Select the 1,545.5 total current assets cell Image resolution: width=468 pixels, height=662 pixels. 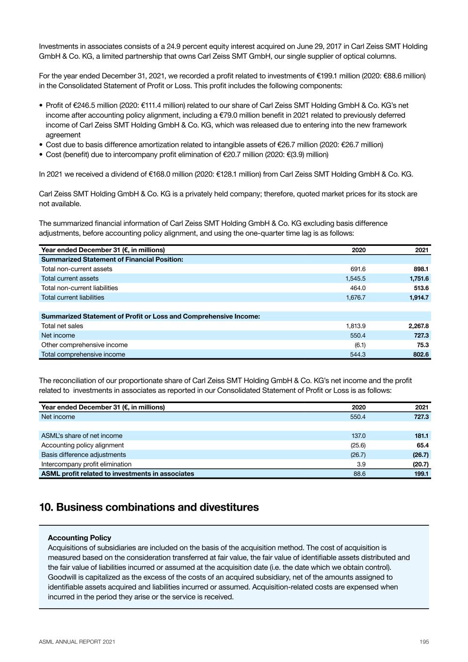coord(355,278)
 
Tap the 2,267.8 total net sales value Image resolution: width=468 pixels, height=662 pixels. coord(419,326)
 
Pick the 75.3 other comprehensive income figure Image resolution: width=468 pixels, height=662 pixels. coord(422,345)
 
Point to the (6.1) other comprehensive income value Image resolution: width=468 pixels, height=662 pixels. coord(360,345)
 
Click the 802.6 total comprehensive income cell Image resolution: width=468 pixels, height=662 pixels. coord(421,355)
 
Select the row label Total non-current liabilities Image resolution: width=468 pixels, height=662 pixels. coord(80,288)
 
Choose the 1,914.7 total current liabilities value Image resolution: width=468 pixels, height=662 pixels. coord(419,297)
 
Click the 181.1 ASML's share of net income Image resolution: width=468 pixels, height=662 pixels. coord(421,436)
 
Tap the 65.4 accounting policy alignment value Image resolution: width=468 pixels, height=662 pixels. coord(422,445)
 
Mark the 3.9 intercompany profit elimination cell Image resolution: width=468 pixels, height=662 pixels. coord(361,464)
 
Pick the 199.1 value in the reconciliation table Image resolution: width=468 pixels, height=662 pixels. coord(421,474)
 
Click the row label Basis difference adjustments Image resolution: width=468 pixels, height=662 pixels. coord(83,455)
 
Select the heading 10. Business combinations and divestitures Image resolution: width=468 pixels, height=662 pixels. coord(149,507)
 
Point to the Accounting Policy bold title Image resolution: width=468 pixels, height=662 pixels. coord(80,538)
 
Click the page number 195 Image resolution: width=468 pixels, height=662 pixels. coord(424,642)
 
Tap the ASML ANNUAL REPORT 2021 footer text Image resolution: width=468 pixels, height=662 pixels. coord(77,642)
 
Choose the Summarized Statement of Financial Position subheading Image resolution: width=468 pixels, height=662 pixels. coord(112,259)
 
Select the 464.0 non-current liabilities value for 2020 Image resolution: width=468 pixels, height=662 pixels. coord(358,288)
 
